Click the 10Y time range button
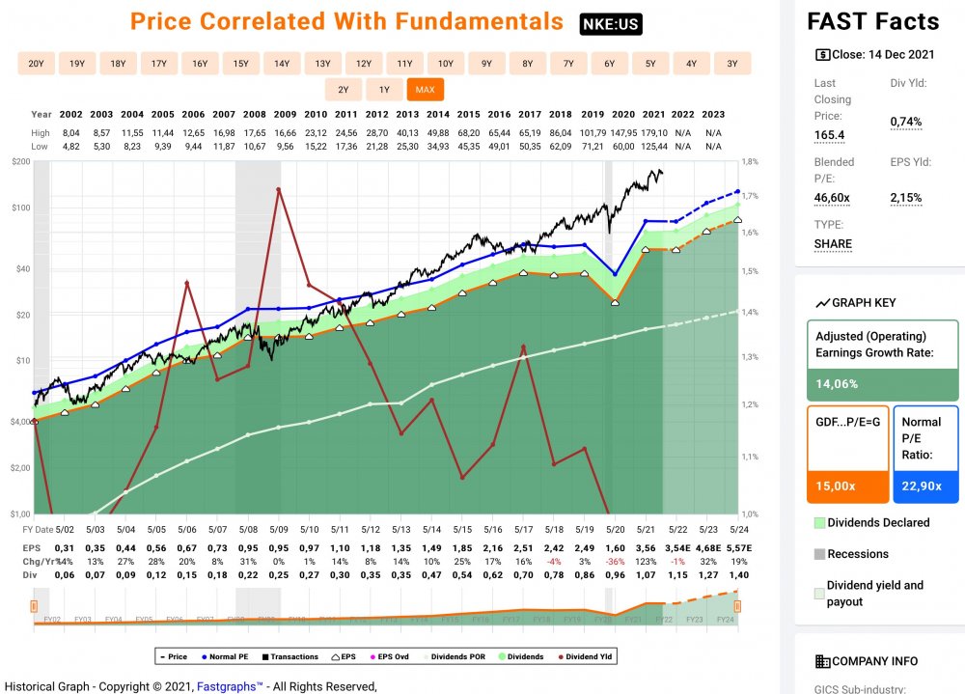446,64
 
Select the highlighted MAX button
425,90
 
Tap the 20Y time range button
36,64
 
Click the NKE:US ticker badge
611,24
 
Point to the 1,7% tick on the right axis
749,197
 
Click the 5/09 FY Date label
279,529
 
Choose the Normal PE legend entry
225,657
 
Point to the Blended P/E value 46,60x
832,198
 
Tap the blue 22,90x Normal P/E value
925,486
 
